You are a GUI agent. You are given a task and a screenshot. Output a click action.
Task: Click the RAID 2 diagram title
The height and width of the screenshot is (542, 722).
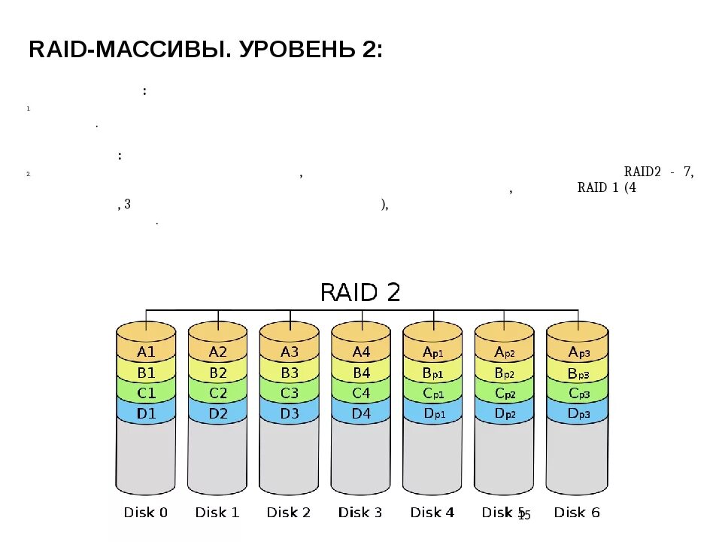tap(360, 292)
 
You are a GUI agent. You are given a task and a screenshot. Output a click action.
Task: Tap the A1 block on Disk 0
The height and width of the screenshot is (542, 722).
tap(146, 352)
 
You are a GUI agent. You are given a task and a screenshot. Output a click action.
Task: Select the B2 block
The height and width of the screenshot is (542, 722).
tap(217, 372)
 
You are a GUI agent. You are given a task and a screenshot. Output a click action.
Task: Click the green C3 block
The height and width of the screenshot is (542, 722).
tap(289, 392)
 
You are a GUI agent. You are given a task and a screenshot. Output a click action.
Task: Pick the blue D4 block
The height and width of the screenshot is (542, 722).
tap(361, 413)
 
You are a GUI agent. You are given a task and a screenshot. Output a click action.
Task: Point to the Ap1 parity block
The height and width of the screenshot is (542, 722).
tap(432, 352)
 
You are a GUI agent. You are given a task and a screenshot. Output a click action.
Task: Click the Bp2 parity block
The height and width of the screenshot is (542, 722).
tap(504, 372)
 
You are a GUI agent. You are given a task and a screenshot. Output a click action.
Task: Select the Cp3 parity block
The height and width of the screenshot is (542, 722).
tap(576, 392)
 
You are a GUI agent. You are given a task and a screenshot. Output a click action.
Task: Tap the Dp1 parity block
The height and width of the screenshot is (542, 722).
tap(432, 413)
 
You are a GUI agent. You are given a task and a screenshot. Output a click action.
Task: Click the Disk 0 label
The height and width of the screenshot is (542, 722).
tap(146, 513)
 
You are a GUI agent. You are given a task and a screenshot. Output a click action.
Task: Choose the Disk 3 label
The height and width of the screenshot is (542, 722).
tap(360, 513)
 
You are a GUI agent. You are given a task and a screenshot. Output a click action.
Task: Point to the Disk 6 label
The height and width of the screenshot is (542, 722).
tap(577, 513)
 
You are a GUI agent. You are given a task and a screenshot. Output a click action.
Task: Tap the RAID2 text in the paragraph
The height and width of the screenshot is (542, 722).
tap(642, 172)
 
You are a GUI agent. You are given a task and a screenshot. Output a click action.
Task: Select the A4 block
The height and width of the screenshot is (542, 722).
tap(361, 352)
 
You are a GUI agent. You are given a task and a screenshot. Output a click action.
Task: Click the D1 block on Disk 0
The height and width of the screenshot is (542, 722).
tap(146, 413)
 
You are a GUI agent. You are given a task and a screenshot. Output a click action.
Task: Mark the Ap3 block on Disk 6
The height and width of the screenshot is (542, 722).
tap(576, 352)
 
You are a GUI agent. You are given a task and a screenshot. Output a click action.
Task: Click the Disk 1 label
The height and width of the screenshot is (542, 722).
tap(217, 513)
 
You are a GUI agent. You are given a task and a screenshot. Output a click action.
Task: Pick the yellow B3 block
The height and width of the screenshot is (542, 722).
tap(289, 372)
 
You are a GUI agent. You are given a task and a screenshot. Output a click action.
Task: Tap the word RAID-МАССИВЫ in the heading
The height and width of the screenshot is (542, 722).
tap(121, 50)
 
